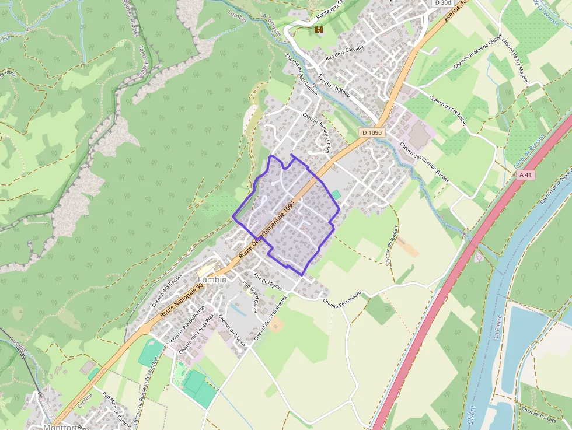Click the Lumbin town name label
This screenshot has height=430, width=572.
(x=211, y=280)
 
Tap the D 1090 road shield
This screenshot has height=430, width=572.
(x=372, y=132)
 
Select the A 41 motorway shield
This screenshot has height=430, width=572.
(x=526, y=174)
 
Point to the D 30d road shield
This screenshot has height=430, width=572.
(x=443, y=3)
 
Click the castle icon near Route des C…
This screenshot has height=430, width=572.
(x=319, y=29)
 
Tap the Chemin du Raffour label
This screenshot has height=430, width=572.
(x=390, y=246)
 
